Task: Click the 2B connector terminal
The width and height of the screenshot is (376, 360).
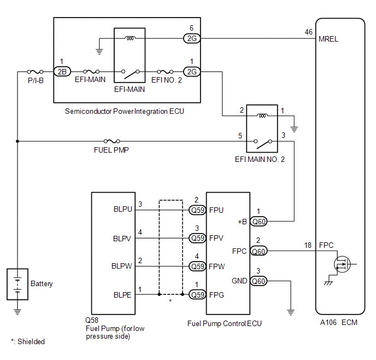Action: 61,72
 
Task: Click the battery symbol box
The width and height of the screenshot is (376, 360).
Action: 17,284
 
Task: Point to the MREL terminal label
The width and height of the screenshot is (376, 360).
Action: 328,39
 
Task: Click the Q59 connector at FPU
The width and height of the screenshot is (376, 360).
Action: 197,210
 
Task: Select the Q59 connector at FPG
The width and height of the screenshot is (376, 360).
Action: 197,294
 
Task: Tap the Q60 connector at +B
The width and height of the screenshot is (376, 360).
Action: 259,221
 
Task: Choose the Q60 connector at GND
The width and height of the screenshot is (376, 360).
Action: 259,281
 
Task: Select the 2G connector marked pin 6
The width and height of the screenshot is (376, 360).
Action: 191,39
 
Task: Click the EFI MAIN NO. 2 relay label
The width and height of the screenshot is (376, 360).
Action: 260,160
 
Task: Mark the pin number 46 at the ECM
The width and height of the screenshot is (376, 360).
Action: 309,32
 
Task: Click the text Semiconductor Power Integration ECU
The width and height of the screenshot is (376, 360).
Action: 125,111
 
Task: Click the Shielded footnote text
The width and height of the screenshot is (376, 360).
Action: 27,341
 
